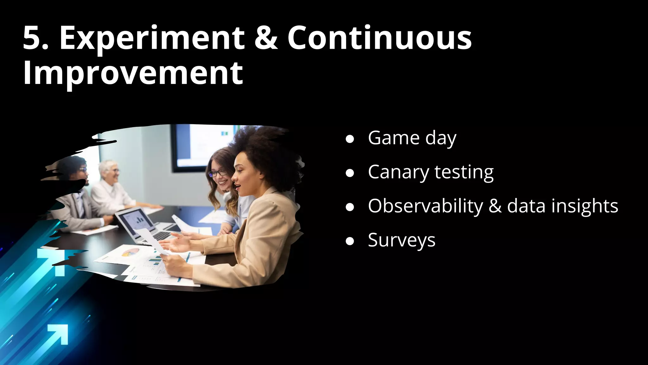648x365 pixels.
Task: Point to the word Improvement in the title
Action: pyautogui.click(x=133, y=74)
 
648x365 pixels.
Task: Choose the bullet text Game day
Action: pyautogui.click(x=412, y=138)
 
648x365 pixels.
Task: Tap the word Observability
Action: pyautogui.click(x=426, y=206)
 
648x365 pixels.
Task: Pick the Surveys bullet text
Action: pyautogui.click(x=402, y=240)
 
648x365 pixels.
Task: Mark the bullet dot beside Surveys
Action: pyautogui.click(x=350, y=241)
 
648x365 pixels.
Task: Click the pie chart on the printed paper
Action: pyautogui.click(x=130, y=253)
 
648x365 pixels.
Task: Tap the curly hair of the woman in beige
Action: pyautogui.click(x=263, y=149)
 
